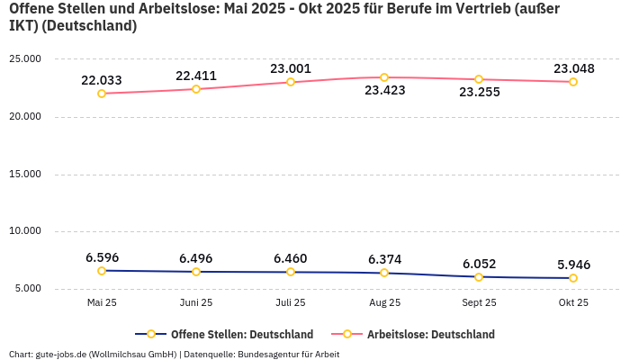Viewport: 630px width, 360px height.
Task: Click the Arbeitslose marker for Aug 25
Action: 384,77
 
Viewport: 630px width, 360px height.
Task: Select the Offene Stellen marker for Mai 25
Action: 102,271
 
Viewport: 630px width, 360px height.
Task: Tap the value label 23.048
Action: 573,68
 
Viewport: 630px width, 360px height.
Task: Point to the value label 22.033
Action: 102,80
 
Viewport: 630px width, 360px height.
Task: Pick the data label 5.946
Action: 573,265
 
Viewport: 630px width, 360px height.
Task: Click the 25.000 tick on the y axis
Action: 25,58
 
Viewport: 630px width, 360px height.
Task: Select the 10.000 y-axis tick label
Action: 25,231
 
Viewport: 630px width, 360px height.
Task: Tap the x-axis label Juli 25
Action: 290,303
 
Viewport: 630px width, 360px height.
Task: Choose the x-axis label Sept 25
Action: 479,303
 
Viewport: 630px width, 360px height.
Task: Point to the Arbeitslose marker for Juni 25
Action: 196,89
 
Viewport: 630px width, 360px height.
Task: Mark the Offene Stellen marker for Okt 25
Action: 573,278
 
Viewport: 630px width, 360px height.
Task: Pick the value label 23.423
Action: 384,90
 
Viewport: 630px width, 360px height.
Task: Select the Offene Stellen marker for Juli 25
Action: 290,272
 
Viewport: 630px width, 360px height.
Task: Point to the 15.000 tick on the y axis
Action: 25,174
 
